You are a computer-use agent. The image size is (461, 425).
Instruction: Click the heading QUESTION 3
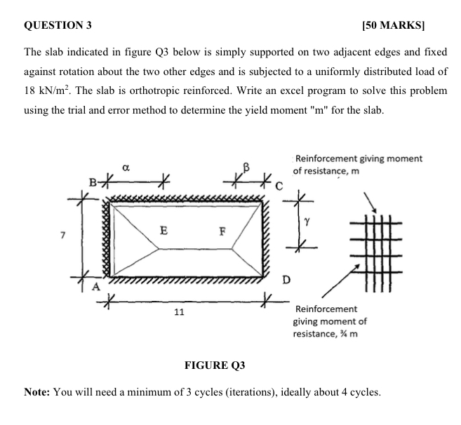(58, 26)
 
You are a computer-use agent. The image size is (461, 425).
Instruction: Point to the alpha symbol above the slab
(125, 168)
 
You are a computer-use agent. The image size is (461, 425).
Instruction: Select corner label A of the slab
(98, 288)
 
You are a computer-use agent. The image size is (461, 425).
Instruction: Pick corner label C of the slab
(279, 186)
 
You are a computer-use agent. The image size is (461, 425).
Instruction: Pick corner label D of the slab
(286, 281)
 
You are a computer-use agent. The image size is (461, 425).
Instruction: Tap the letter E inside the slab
(163, 229)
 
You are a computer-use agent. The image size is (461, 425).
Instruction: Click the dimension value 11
(179, 311)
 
